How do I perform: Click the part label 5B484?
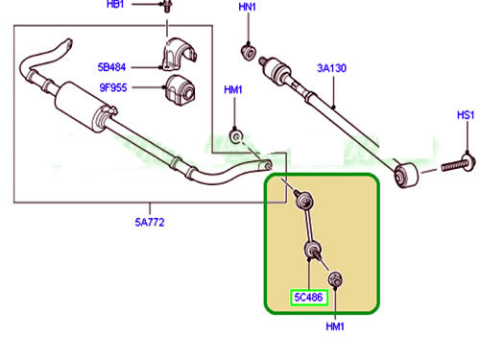[x=111, y=67]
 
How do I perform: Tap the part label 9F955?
[x=113, y=87]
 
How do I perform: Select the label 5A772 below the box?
[x=150, y=222]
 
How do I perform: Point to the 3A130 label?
[x=332, y=68]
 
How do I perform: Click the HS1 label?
[x=466, y=115]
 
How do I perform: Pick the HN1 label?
[x=248, y=7]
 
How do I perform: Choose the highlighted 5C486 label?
[x=308, y=298]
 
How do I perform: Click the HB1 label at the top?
[x=115, y=4]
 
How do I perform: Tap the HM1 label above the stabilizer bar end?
[x=233, y=90]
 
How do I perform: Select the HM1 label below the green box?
[x=335, y=326]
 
